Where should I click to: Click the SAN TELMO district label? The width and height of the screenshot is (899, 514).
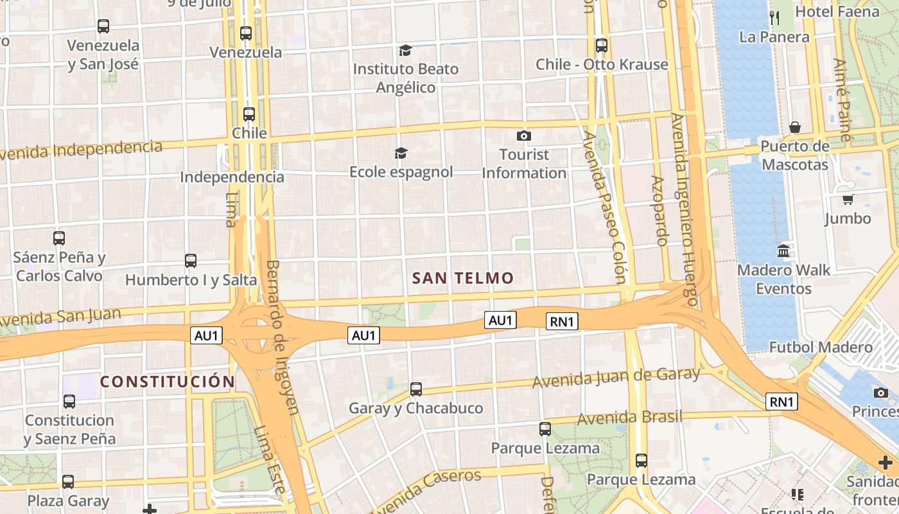[x=463, y=278]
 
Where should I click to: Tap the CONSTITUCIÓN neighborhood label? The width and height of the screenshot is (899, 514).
[x=168, y=382]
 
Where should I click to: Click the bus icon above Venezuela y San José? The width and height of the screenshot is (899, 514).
[x=103, y=26]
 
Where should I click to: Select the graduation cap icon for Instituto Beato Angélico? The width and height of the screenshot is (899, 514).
[x=405, y=50]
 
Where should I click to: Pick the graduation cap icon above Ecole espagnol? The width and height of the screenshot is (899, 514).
[x=401, y=153]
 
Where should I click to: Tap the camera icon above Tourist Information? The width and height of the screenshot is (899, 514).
[x=524, y=136]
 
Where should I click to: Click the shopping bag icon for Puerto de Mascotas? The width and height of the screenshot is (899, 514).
[x=795, y=127]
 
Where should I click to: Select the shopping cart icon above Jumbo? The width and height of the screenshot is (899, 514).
[x=848, y=200]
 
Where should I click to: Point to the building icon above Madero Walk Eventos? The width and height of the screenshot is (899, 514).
[x=783, y=251]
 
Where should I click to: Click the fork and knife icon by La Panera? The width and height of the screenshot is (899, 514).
[x=774, y=17]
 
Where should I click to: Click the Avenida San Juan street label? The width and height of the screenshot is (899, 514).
[x=60, y=317]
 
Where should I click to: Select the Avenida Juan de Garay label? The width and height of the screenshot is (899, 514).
[x=616, y=378]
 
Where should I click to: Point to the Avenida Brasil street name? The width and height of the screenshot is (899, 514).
[x=629, y=418]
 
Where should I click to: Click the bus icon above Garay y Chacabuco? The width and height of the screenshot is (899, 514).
[x=416, y=389]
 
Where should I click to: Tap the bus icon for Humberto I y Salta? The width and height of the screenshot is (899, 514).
[x=191, y=261]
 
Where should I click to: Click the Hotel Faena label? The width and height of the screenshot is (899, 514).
[x=837, y=12]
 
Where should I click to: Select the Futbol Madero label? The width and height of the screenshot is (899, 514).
[x=821, y=348]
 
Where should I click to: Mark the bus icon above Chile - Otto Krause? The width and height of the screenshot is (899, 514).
[x=602, y=46]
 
